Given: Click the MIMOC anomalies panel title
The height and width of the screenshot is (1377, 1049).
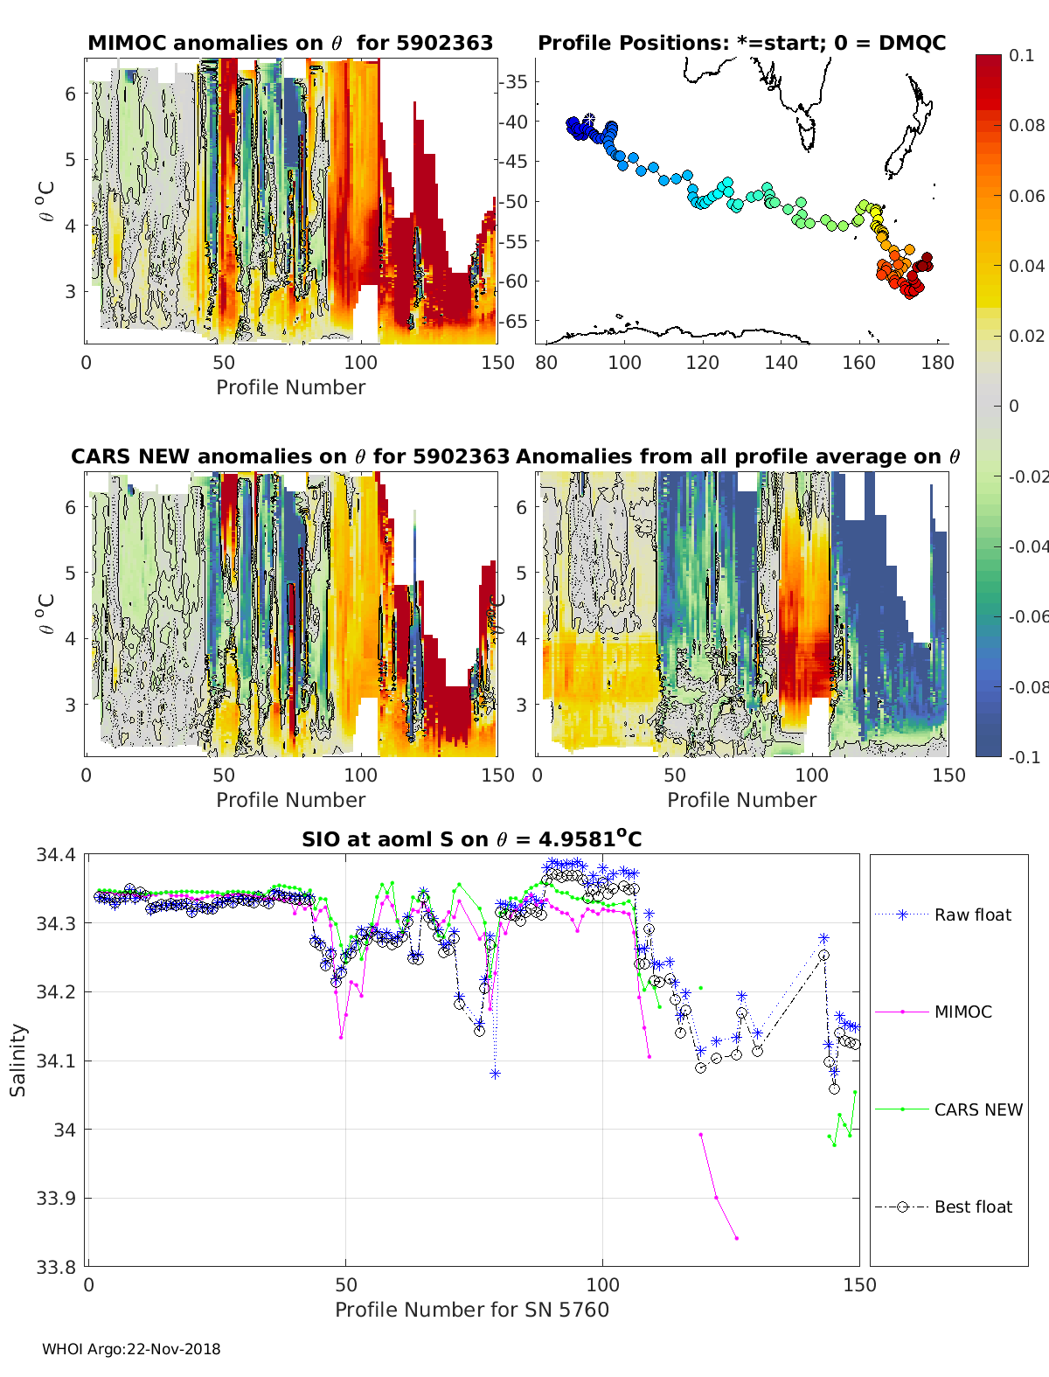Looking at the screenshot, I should pyautogui.click(x=290, y=43).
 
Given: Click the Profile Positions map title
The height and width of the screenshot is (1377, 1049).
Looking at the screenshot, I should pyautogui.click(x=741, y=43).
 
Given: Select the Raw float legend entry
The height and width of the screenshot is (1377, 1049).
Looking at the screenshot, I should pyautogui.click(x=972, y=915).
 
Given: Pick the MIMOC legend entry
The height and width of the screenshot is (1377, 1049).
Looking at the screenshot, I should pyautogui.click(x=962, y=1012).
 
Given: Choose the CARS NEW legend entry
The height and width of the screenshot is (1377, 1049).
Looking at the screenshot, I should pyautogui.click(x=977, y=1109).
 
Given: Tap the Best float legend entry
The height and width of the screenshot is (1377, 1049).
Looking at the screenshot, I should pyautogui.click(x=972, y=1207).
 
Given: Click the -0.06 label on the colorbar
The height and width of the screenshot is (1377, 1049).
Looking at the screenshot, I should pyautogui.click(x=1029, y=616).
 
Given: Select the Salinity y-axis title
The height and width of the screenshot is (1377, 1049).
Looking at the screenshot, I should pyautogui.click(x=18, y=1060).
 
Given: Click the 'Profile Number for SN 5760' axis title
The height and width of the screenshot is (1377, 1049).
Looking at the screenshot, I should pyautogui.click(x=472, y=1310).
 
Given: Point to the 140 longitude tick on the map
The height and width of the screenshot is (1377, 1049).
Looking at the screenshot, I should pyautogui.click(x=781, y=362).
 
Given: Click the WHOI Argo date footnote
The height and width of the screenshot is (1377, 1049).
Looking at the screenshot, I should pyautogui.click(x=131, y=1349).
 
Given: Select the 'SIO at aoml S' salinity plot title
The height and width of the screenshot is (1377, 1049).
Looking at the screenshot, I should pyautogui.click(x=472, y=839).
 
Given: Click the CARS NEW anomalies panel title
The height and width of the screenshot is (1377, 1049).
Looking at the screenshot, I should pyautogui.click(x=290, y=456).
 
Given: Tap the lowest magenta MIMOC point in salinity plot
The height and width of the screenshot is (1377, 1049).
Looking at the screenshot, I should pyautogui.click(x=737, y=1238).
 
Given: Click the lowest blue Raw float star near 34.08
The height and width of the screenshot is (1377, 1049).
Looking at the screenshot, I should pyautogui.click(x=495, y=1074).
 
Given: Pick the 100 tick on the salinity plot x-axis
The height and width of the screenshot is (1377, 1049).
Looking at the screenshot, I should pyautogui.click(x=602, y=1284).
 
